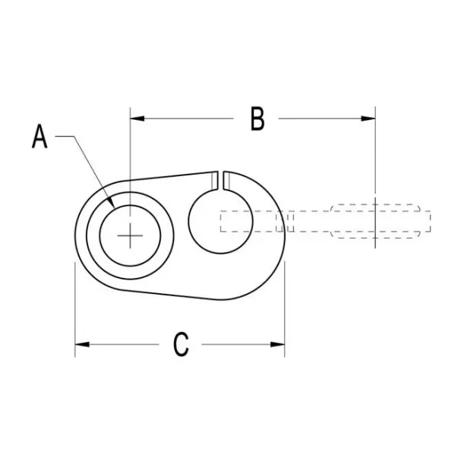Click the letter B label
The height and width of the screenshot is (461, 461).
pyautogui.click(x=257, y=119)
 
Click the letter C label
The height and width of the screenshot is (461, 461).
pyautogui.click(x=180, y=344)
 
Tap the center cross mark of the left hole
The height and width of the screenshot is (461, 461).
pyautogui.click(x=131, y=235)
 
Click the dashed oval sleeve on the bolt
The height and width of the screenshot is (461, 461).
pyautogui.click(x=375, y=220)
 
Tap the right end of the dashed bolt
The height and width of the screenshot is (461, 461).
pyautogui.click(x=430, y=221)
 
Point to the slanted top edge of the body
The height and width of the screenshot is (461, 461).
pyautogui.click(x=171, y=175)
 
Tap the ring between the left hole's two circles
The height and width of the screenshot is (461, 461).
pyautogui.click(x=93, y=235)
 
